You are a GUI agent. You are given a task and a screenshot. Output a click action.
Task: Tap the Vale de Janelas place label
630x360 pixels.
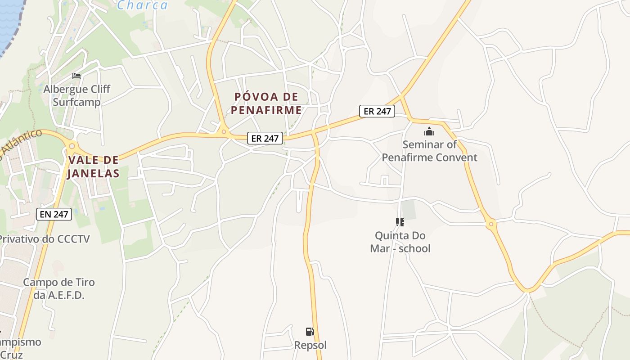pos(94,166)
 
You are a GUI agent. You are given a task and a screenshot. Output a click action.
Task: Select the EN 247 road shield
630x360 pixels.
pos(54,214)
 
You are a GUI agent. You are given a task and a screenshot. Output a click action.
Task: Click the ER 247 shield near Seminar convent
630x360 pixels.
pos(377,111)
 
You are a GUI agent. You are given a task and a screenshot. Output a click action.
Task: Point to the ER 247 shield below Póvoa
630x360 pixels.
pos(265,138)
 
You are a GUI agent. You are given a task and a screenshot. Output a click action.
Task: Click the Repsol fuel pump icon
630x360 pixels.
pos(310,332)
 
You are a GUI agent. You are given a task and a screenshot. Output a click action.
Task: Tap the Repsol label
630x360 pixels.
pos(310,345)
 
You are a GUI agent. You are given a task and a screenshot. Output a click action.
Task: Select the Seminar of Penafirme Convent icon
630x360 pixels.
pos(429,131)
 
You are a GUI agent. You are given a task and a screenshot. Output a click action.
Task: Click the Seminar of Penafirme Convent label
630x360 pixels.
pos(429,151)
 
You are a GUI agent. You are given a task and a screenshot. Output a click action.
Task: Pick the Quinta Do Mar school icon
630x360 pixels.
pos(400,222)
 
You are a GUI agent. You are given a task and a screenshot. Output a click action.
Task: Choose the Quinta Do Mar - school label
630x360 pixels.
pos(400,242)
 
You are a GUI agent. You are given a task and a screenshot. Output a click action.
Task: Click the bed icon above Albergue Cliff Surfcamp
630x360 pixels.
pos(76,76)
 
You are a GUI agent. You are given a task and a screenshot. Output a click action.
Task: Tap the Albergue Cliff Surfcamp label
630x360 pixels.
pos(76,95)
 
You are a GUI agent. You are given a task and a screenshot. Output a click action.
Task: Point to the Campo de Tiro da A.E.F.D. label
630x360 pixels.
pos(59,288)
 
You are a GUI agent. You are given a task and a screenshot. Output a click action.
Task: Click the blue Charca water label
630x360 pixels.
pos(142,5)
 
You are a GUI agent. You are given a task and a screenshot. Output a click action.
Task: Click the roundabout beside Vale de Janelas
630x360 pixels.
pos(72,146)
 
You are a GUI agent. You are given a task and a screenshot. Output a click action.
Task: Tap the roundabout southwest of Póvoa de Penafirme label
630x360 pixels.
pos(224,132)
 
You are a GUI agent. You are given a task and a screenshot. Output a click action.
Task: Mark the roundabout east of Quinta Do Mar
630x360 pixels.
pos(491,223)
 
